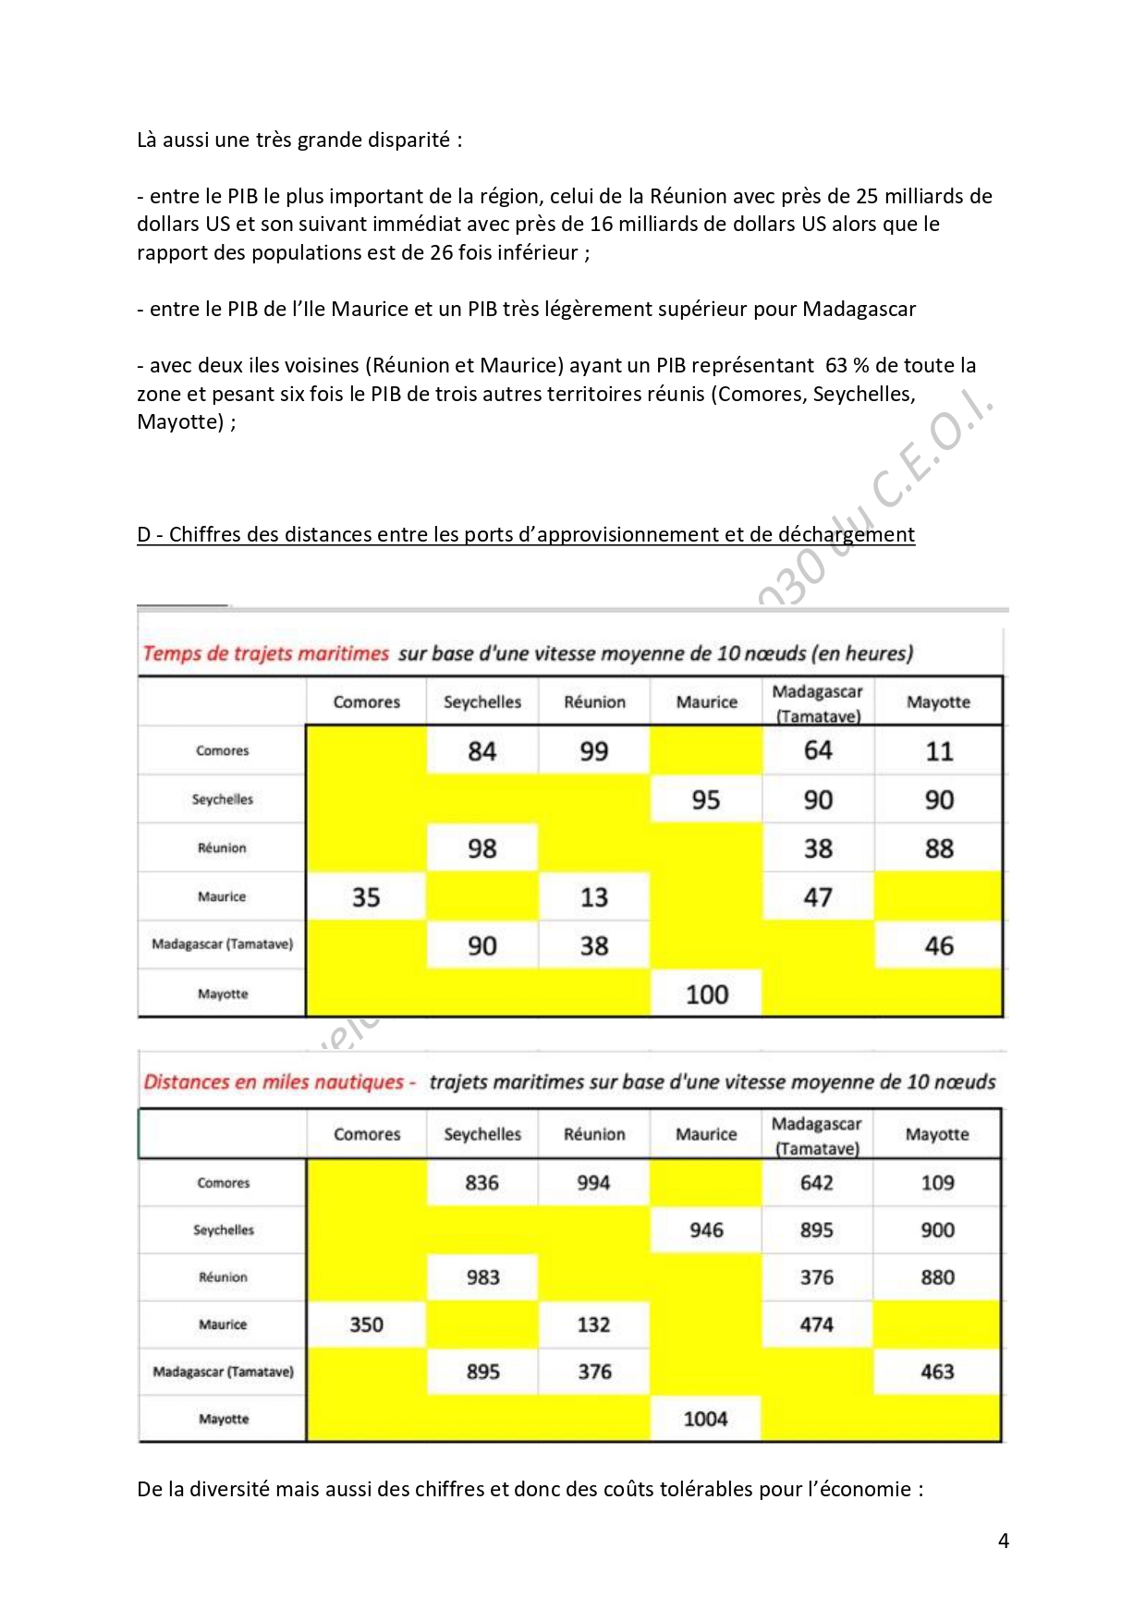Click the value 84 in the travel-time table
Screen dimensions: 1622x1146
tap(482, 751)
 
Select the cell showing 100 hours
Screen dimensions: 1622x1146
tap(707, 994)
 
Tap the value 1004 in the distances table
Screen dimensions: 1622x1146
tap(705, 1419)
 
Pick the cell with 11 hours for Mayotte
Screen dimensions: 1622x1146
tap(939, 751)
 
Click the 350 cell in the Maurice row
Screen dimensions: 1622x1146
tap(366, 1324)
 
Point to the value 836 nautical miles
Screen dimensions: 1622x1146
tap(482, 1183)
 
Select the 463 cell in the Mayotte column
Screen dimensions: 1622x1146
tap(937, 1372)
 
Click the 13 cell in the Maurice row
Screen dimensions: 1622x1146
tap(594, 897)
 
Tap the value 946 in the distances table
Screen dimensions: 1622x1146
tap(706, 1230)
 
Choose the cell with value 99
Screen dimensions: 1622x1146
tap(594, 751)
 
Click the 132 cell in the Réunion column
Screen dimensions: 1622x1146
tap(593, 1324)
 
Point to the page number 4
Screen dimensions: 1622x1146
tap(1004, 1541)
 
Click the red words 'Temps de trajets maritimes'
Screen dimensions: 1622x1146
tap(266, 653)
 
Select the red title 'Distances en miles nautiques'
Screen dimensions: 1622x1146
tap(274, 1082)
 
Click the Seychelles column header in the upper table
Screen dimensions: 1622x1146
tap(482, 702)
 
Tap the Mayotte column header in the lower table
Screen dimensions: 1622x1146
tap(937, 1134)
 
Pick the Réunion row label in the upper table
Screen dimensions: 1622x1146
tap(222, 848)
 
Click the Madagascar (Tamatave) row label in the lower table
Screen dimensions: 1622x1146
tap(223, 1372)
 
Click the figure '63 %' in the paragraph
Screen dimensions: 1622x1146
tap(842, 366)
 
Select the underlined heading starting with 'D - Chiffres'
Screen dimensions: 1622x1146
tap(526, 535)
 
